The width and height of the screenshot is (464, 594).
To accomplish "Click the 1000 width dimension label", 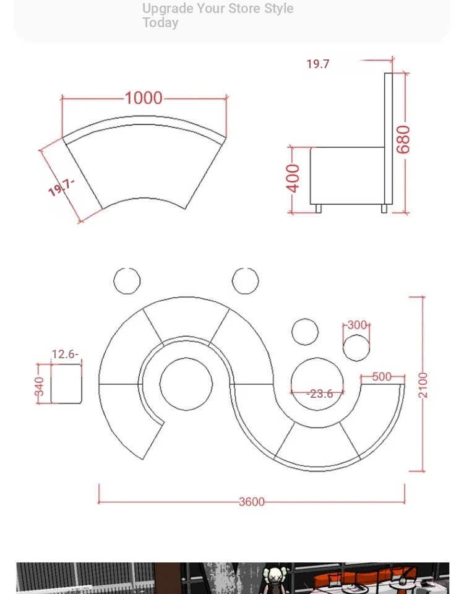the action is (x=144, y=98).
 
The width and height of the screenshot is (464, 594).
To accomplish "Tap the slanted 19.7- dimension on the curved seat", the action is (x=61, y=187).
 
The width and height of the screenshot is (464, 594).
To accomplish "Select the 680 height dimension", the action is (x=403, y=139).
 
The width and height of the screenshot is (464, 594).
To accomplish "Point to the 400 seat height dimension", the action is (x=293, y=178).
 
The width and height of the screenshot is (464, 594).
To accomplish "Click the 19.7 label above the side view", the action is (x=318, y=64).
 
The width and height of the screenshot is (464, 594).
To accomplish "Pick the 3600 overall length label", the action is (x=252, y=502).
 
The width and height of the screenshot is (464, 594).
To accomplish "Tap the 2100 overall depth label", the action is (x=423, y=385).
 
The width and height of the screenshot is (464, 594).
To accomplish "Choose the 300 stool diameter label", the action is (x=357, y=325).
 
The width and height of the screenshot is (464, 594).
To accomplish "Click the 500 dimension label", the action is (x=382, y=377).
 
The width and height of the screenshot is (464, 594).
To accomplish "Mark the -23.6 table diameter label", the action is (x=320, y=394).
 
